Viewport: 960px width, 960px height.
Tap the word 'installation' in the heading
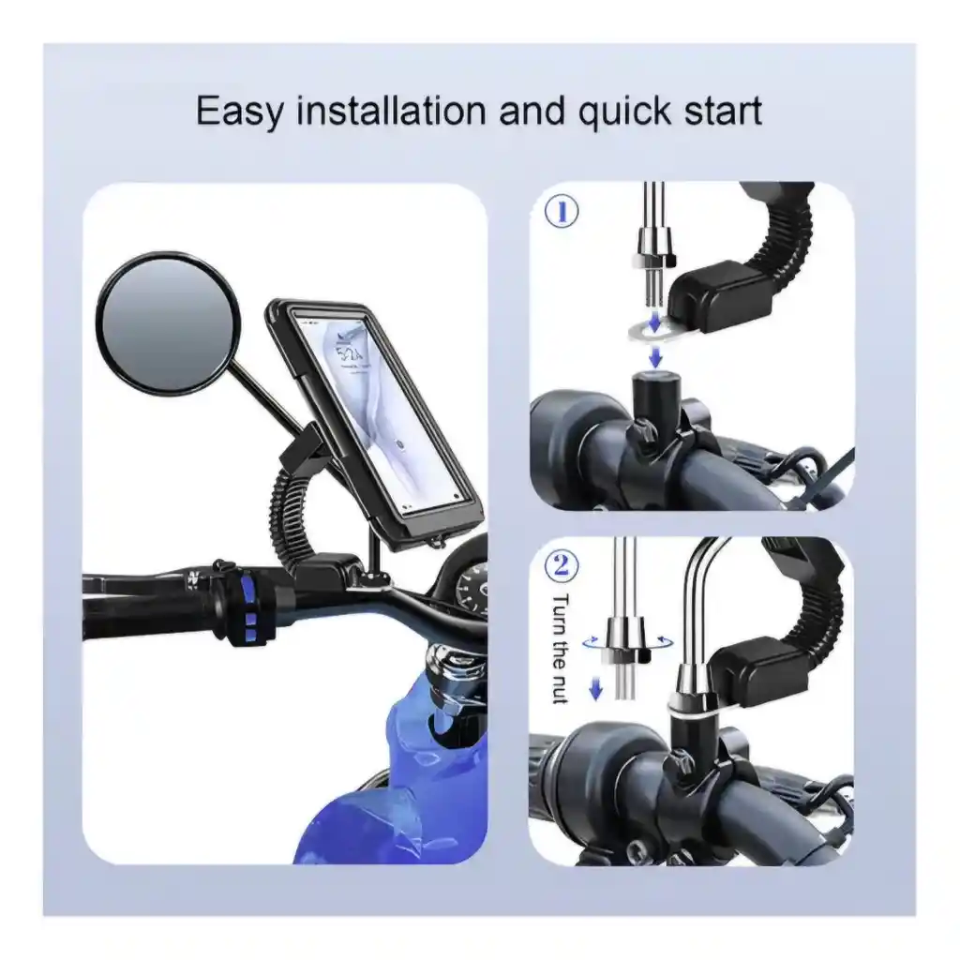[392, 111]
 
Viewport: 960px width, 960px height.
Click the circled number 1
[562, 211]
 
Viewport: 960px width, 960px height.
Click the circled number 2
[562, 565]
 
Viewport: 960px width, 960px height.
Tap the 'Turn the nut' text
[561, 649]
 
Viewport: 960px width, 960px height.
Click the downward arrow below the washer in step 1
[655, 355]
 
